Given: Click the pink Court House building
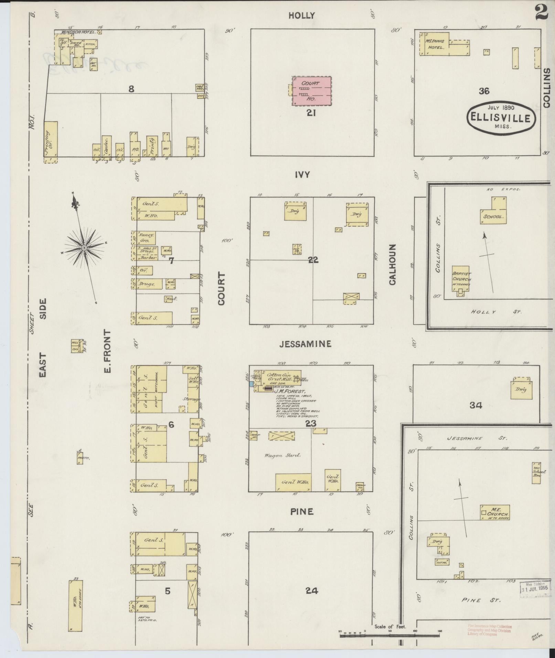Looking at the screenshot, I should click(x=312, y=91).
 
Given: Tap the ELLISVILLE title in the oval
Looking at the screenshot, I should click(x=501, y=118).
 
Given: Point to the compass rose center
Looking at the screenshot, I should click(x=84, y=248).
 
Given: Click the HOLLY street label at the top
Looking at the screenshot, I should click(x=301, y=15).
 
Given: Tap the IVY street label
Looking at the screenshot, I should click(x=302, y=175).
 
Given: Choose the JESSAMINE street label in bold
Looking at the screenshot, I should click(x=306, y=344).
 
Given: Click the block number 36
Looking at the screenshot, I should click(x=484, y=91).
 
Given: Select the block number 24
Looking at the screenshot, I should click(x=312, y=591).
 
